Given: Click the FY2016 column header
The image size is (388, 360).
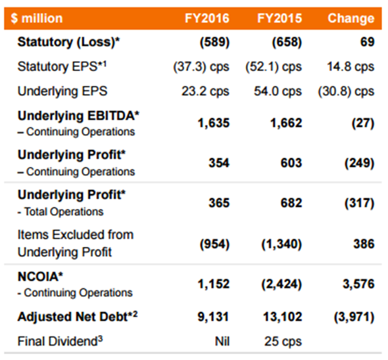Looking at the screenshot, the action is coord(207,18).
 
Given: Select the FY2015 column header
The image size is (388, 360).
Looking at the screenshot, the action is coord(279,18).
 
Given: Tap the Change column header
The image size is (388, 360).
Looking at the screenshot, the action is coord(351,18).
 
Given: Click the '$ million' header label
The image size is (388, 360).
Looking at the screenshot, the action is coord(37,18).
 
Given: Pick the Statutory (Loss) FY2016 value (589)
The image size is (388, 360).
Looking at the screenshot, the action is coord(215,42).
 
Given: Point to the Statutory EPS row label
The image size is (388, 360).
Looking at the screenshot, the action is coord(62,66).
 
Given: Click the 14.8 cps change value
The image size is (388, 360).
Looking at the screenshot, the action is coord(351,67).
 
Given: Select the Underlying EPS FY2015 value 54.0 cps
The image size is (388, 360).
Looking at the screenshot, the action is coord(278,91).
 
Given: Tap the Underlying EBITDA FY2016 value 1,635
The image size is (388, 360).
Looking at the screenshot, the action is coord(214,123).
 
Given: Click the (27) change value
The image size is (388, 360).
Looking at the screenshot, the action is coord(363,123).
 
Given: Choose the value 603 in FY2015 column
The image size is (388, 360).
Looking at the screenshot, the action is coord(291,163).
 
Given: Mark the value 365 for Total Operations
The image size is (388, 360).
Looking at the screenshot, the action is coord(219,203).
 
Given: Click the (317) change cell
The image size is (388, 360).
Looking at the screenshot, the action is coord(359,203).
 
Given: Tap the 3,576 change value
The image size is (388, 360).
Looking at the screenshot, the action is coord(358,284).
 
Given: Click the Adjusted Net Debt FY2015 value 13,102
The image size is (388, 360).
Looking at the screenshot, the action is coord(283,317).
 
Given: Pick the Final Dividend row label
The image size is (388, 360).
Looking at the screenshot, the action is coord(60,341).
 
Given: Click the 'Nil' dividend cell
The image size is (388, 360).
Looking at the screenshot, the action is coord(222,342).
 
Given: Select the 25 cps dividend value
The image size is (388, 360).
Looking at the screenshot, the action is coord(283,342).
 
